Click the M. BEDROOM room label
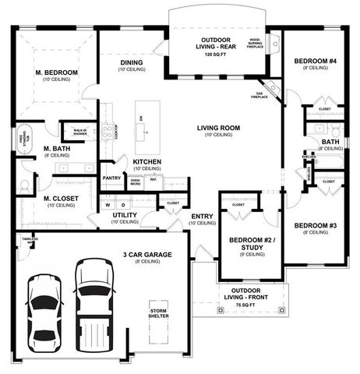pos(57,72)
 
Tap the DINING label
pos(130,63)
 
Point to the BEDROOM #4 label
pos(314,60)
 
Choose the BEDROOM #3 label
pos(316,225)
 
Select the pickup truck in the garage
pos(93,307)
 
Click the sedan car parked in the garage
pos(44,313)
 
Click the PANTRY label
pos(111,178)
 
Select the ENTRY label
pos(203,216)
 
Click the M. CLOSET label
pos(60,199)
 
